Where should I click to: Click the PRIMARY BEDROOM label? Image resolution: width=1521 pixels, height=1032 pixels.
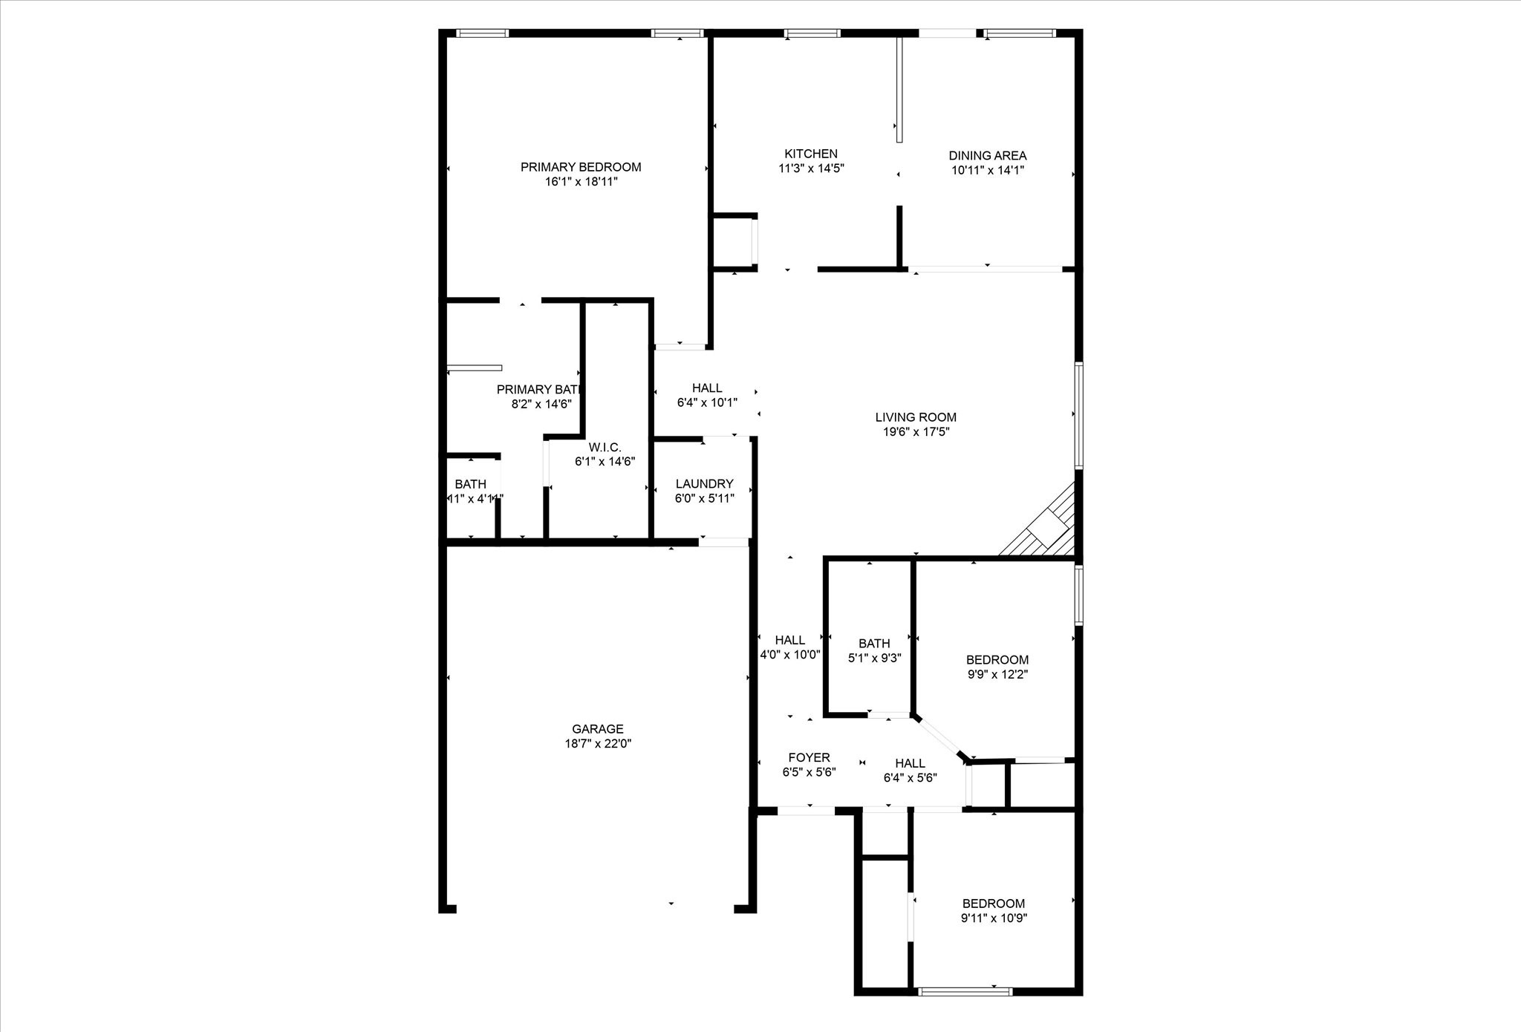pyautogui.click(x=580, y=167)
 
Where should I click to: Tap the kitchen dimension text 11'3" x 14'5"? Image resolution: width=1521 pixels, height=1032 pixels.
pyautogui.click(x=811, y=169)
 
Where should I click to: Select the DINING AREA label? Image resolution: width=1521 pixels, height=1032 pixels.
pyautogui.click(x=987, y=156)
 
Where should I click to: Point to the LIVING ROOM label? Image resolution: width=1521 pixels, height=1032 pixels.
pyautogui.click(x=915, y=417)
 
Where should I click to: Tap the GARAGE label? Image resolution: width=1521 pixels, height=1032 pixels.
pyautogui.click(x=597, y=729)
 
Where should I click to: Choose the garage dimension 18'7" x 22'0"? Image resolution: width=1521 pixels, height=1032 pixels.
pyautogui.click(x=597, y=744)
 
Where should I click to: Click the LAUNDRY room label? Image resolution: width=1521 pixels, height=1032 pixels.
pyautogui.click(x=704, y=484)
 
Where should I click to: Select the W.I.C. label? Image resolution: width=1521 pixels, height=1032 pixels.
pyautogui.click(x=605, y=447)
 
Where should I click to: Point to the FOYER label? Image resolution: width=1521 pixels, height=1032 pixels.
pyautogui.click(x=809, y=758)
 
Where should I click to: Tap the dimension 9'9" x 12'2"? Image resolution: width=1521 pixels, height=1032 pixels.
pyautogui.click(x=997, y=675)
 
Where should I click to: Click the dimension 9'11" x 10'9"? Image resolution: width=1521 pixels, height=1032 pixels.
pyautogui.click(x=994, y=918)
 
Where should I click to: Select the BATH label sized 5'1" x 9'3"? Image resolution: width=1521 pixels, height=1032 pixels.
pyautogui.click(x=874, y=644)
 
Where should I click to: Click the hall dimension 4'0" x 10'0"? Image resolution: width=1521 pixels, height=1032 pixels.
pyautogui.click(x=789, y=655)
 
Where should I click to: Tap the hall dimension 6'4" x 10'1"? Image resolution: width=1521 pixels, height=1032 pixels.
pyautogui.click(x=707, y=403)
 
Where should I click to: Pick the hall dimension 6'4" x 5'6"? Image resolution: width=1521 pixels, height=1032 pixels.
pyautogui.click(x=910, y=778)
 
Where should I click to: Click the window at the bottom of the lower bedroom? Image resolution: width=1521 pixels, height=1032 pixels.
pyautogui.click(x=965, y=991)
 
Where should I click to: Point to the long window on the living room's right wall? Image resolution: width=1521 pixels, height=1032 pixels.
pyautogui.click(x=1078, y=415)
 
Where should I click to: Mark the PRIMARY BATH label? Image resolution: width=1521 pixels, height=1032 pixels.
pyautogui.click(x=537, y=390)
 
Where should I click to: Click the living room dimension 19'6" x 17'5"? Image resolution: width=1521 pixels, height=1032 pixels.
pyautogui.click(x=915, y=432)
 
